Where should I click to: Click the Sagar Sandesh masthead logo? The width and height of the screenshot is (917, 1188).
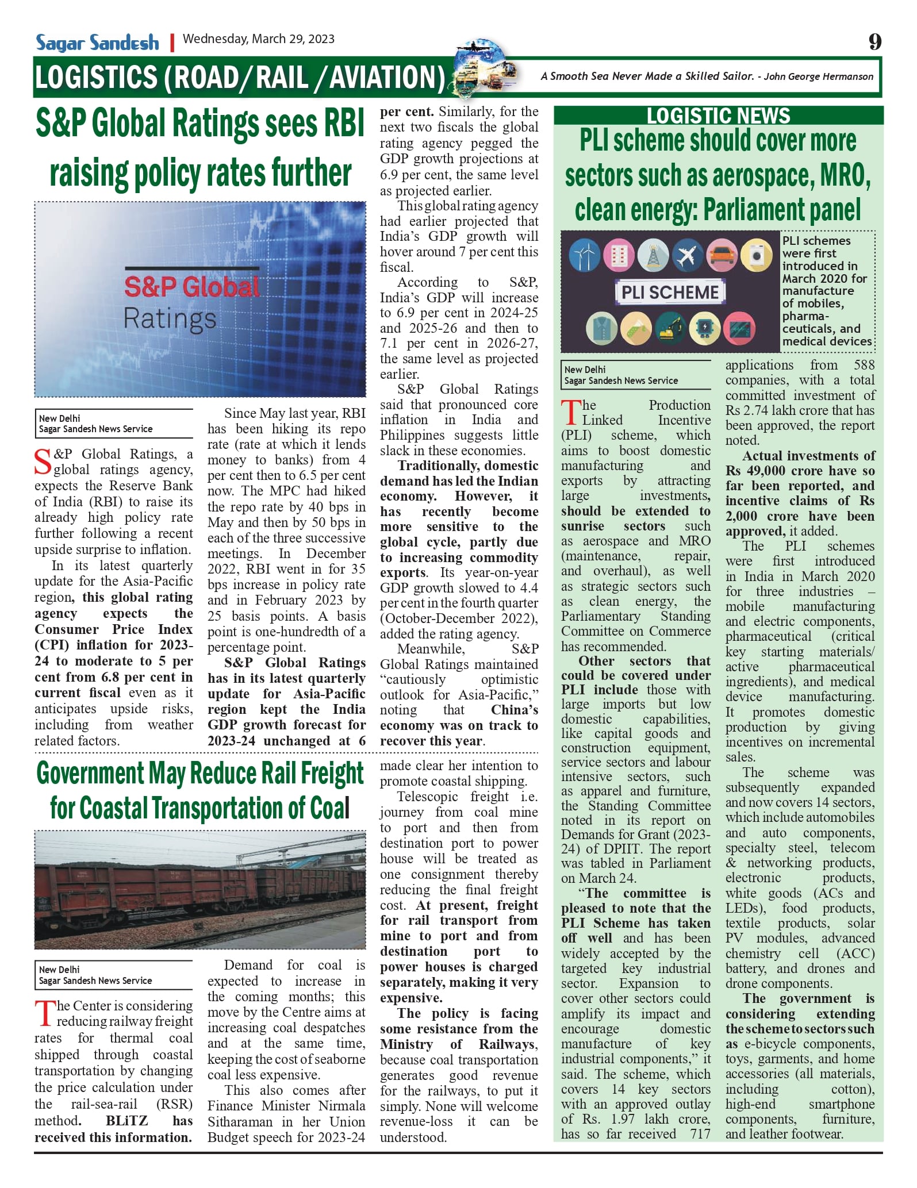pos(97,43)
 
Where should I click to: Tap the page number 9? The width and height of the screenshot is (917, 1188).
pos(874,42)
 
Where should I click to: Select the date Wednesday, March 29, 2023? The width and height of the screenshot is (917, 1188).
pos(258,39)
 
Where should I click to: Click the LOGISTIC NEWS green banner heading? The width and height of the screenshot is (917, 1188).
pos(718,116)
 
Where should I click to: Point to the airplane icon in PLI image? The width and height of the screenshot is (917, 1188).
pos(688,255)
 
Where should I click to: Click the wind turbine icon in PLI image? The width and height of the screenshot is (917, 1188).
pos(584,255)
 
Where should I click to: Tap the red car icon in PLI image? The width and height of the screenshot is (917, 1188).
pos(722,255)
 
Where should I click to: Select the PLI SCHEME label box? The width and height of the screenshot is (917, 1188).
pos(670,292)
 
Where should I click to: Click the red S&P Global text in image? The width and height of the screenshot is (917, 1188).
pos(191,287)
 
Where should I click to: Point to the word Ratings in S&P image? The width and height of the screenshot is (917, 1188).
pos(170,318)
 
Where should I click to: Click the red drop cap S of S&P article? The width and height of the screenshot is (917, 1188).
pos(43,462)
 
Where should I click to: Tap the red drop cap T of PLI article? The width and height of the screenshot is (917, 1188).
pos(570,413)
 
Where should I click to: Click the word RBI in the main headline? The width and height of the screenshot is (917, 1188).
pos(336,124)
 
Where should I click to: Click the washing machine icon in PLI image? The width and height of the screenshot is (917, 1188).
pos(756,255)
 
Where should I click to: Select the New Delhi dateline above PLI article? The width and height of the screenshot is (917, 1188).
pos(585,370)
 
